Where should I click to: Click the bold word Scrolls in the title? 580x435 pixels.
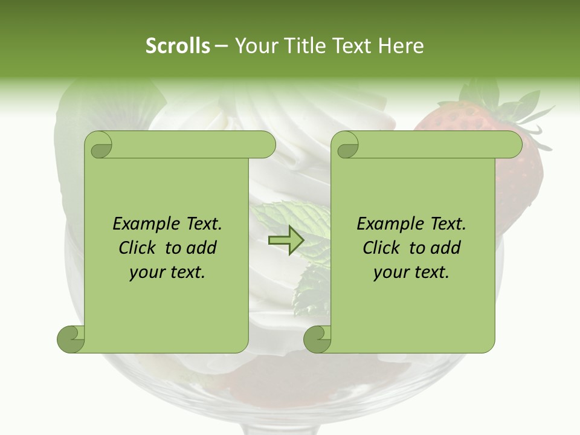click(x=178, y=46)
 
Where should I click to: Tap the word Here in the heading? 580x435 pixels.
click(x=400, y=46)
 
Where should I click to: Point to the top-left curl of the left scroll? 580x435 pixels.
click(x=98, y=146)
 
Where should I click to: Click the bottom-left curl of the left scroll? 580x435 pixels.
click(x=71, y=339)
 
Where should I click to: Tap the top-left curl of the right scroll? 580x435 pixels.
click(x=346, y=146)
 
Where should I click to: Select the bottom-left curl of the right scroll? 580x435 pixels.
click(x=317, y=339)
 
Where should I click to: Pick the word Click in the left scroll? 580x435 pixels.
click(x=139, y=248)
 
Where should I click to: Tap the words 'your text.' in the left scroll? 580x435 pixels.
click(x=167, y=272)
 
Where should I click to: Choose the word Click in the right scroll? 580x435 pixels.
click(x=383, y=248)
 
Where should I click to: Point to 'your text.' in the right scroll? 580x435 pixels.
click(x=411, y=272)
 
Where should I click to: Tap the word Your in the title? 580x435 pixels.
click(x=254, y=46)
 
